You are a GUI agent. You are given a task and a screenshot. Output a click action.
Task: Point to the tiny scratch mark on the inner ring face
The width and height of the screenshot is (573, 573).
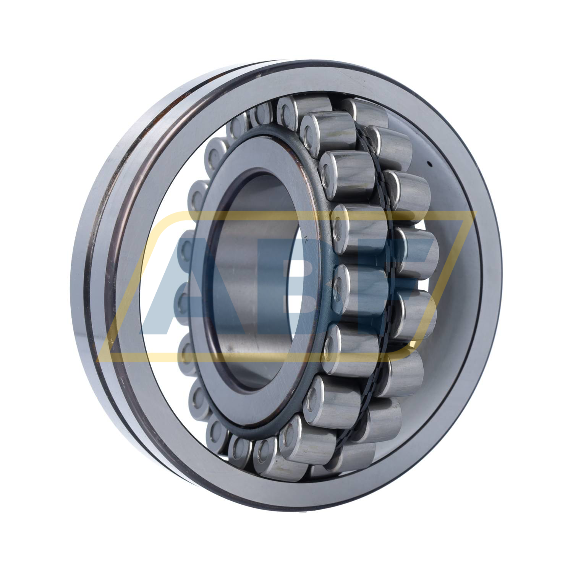[x=307, y=240]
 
